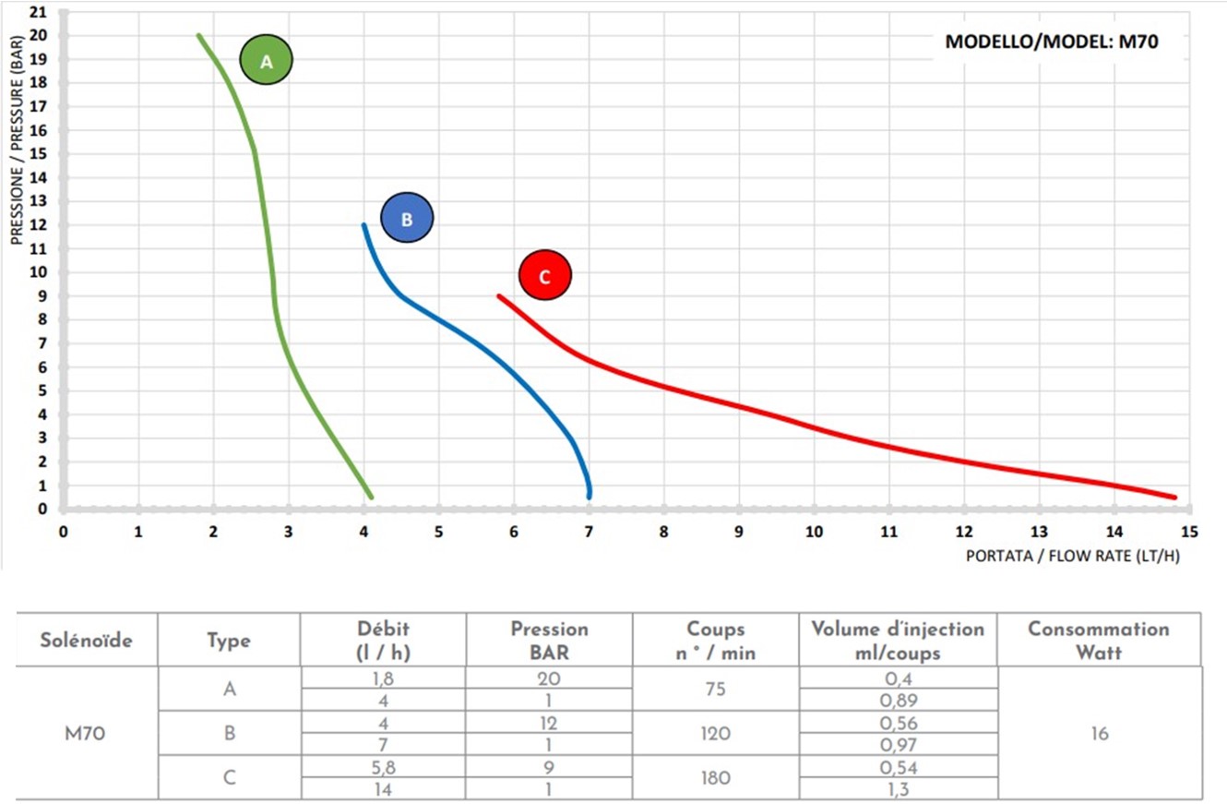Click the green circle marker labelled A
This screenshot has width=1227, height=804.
267,61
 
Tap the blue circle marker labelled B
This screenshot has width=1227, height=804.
407,219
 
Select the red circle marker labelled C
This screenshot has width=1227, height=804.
545,275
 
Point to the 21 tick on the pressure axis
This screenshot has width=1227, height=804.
38,12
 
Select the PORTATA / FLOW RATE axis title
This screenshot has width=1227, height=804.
1073,556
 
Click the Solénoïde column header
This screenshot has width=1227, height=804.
86,639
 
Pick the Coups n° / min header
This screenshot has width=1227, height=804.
715,639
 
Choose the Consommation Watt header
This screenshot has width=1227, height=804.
1098,639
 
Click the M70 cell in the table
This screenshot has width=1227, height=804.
86,733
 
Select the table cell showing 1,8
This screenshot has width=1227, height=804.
383,678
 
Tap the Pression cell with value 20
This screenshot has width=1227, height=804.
549,678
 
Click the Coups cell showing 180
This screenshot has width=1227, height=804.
715,777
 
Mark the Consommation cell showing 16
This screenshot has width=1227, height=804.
1098,733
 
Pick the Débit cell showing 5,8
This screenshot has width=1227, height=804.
383,766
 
